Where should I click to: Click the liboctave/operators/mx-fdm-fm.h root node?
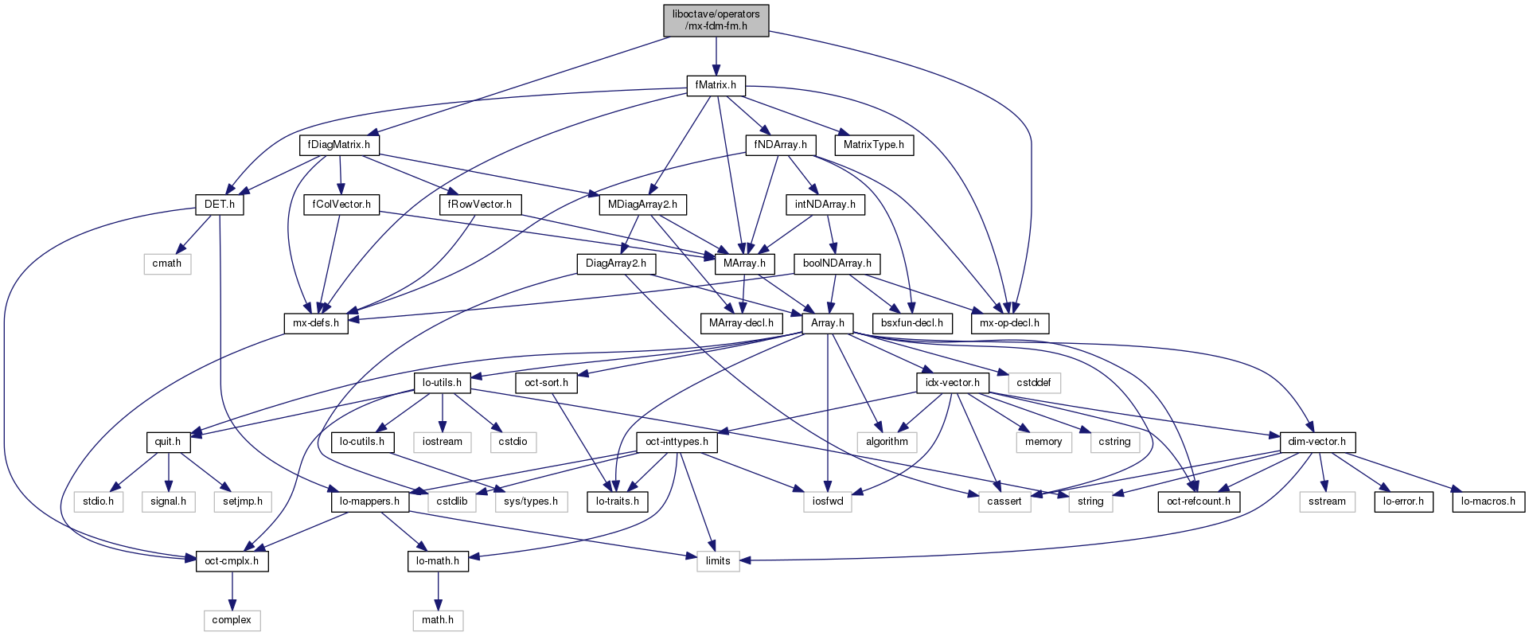click(x=716, y=20)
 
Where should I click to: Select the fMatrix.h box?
click(x=716, y=85)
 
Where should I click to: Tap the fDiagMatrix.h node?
click(x=339, y=145)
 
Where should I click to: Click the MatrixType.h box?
click(x=873, y=145)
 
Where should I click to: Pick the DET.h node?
click(x=220, y=205)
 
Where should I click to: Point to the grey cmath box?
click(x=167, y=263)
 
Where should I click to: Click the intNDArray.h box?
click(x=825, y=205)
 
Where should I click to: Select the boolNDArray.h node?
click(x=837, y=263)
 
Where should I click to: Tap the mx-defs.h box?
click(x=316, y=323)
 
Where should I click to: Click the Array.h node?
click(x=828, y=323)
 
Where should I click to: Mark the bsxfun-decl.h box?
click(x=912, y=323)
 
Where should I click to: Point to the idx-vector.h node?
click(x=953, y=383)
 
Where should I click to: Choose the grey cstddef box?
click(x=1034, y=383)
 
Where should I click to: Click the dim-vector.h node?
click(x=1316, y=442)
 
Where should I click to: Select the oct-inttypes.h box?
click(x=677, y=442)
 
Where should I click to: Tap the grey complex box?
click(x=232, y=620)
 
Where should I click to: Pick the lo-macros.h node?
click(x=1488, y=501)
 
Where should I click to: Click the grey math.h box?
click(x=438, y=620)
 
